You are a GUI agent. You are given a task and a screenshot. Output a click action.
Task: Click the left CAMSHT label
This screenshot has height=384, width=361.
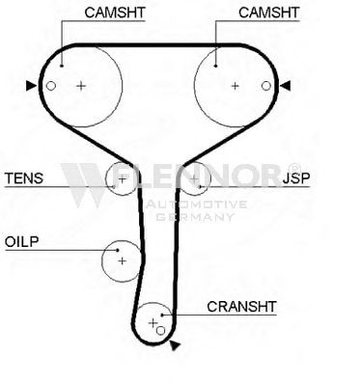pyautogui.click(x=115, y=13)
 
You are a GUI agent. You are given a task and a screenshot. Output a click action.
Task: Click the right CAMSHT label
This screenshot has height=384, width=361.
pyautogui.click(x=269, y=13)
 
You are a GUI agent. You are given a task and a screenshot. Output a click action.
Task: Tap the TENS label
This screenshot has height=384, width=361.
pyautogui.click(x=24, y=178)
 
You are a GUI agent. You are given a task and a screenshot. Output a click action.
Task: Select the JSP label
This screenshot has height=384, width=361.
pyautogui.click(x=296, y=178)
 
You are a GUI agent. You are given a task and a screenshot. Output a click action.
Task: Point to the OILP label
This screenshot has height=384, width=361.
pyautogui.click(x=21, y=241)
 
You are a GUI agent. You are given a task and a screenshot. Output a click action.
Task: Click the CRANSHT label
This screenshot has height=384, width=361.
pyautogui.click(x=241, y=307)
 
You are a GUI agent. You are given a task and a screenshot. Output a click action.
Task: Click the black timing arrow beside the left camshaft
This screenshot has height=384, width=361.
pyautogui.click(x=31, y=86)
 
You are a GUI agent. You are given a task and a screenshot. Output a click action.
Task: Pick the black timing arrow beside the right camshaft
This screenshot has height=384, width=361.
pyautogui.click(x=286, y=86)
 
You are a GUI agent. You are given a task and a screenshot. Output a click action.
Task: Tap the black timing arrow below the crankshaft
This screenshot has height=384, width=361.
pyautogui.click(x=175, y=345)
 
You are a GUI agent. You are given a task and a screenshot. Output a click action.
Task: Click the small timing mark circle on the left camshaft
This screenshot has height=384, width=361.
pyautogui.click(x=51, y=86)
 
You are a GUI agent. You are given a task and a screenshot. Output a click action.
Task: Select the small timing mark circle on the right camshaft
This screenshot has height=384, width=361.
pyautogui.click(x=265, y=86)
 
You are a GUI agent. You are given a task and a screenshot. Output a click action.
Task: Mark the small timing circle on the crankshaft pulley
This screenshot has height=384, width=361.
pyautogui.click(x=160, y=330)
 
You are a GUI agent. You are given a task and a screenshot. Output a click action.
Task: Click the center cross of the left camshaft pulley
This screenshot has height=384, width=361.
pyautogui.click(x=81, y=86)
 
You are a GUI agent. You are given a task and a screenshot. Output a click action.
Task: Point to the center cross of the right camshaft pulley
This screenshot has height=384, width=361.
pyautogui.click(x=236, y=86)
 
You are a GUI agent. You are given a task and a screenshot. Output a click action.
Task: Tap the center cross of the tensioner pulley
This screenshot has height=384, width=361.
pyautogui.click(x=123, y=178)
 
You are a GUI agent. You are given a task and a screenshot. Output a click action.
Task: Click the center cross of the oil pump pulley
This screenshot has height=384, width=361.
pyautogui.click(x=122, y=261)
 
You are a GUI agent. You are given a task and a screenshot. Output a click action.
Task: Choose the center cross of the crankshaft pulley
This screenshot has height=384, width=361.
pyautogui.click(x=153, y=322)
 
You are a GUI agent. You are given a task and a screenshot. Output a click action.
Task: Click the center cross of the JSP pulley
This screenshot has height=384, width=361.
pyautogui.click(x=194, y=178)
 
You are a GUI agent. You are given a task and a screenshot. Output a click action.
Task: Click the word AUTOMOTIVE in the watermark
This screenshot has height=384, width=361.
pyautogui.click(x=196, y=205)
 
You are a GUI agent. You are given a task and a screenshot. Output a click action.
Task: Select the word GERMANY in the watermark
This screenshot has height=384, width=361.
pyautogui.click(x=195, y=217)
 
